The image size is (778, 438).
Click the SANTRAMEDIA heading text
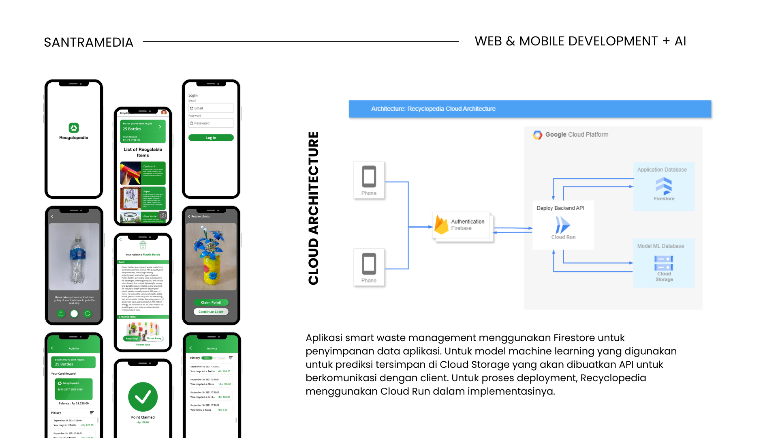point(88,42)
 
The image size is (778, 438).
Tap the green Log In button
point(211,138)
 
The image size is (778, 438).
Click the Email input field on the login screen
point(211,108)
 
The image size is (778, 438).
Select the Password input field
point(211,123)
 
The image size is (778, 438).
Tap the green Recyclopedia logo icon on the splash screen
point(74,128)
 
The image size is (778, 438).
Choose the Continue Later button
point(211,312)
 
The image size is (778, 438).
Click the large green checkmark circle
point(143,397)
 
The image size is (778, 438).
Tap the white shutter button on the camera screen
point(74,313)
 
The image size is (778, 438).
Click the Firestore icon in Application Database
point(664,186)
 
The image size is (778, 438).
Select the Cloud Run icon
point(563,225)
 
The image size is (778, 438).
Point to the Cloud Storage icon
point(664,263)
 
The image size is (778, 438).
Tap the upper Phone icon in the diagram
point(369,176)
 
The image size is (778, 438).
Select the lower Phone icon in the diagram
point(369,264)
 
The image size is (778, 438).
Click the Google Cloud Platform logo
point(538,135)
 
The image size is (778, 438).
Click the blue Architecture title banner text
point(433,109)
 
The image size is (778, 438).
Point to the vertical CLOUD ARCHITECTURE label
point(314,208)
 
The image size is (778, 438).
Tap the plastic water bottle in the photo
point(75,260)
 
